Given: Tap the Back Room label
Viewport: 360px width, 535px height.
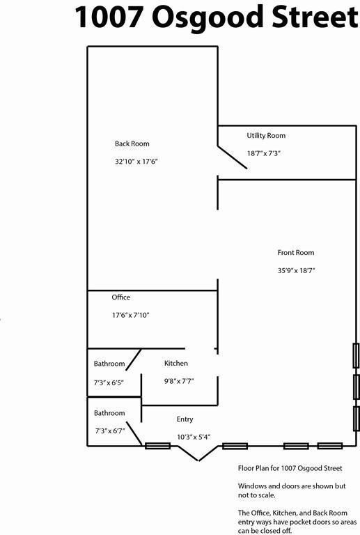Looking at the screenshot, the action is [x=132, y=144].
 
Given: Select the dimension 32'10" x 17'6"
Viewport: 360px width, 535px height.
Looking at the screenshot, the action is [x=136, y=162].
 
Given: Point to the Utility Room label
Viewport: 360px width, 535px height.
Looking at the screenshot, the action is [x=266, y=136].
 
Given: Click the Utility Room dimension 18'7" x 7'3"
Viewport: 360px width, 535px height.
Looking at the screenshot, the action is [x=264, y=153].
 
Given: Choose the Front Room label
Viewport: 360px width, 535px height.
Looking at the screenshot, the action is [x=296, y=252].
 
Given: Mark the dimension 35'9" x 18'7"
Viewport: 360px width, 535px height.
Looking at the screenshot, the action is [x=296, y=270].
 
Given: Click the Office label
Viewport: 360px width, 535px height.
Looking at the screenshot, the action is [x=121, y=297].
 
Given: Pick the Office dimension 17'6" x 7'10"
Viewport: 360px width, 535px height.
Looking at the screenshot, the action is [x=131, y=315].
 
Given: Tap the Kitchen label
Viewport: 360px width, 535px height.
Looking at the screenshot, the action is [x=176, y=363].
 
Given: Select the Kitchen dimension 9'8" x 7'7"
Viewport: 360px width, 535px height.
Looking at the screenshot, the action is [x=180, y=381].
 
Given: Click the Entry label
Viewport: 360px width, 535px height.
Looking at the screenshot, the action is [x=185, y=419].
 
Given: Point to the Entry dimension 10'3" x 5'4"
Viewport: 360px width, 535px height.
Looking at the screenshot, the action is [x=194, y=437].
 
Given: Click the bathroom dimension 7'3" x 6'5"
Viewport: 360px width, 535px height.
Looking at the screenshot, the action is [x=109, y=383].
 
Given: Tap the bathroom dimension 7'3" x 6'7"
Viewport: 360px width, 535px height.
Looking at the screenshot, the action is [x=110, y=431].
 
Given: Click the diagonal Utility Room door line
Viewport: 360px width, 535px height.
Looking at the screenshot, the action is [x=232, y=157].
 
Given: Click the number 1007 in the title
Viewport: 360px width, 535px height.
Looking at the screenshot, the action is [x=108, y=17].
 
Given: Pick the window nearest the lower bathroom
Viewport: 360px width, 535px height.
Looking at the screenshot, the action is [x=158, y=446].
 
